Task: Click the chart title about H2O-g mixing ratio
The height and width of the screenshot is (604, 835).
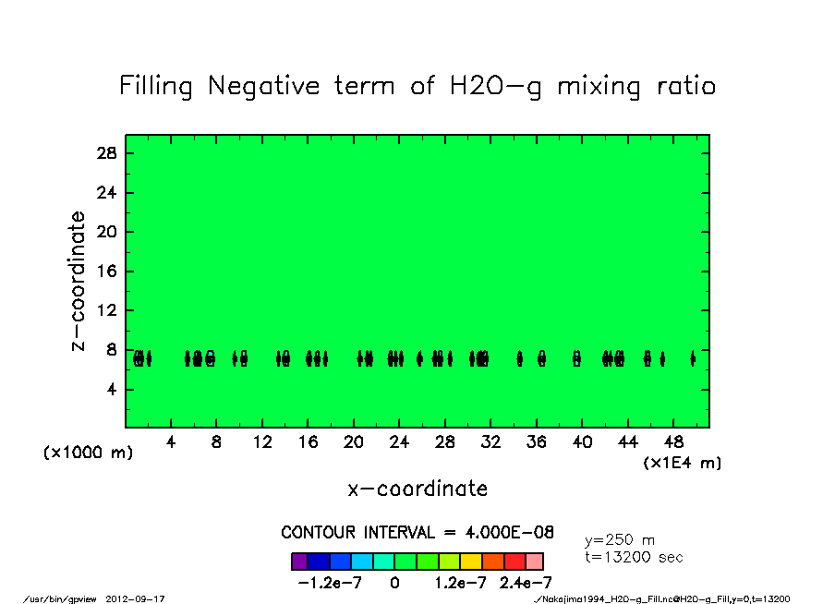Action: point(417,86)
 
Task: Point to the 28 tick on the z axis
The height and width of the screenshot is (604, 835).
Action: point(107,153)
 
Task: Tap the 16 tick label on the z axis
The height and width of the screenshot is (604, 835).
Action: point(107,272)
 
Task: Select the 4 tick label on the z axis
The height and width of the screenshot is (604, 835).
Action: point(112,390)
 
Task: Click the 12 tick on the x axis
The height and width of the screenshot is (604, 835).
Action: point(262,442)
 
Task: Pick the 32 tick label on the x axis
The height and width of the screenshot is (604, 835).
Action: point(490,442)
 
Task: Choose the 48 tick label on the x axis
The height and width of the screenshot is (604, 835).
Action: point(673,442)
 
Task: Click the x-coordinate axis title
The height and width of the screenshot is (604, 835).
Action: point(417,489)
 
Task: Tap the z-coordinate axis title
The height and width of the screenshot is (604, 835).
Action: point(79,281)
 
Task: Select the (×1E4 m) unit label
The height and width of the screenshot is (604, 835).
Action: point(683,463)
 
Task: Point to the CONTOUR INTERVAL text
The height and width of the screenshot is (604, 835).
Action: point(417,533)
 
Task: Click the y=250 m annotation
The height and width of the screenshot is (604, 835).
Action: point(620,540)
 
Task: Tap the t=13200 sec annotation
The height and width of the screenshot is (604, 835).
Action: point(634,557)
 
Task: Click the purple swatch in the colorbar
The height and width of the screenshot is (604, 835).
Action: point(299,561)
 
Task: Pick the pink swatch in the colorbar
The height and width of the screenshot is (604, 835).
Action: point(534,561)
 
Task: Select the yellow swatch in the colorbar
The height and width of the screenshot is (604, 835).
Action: point(470,561)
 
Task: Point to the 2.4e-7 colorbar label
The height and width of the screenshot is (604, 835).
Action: point(525,583)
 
